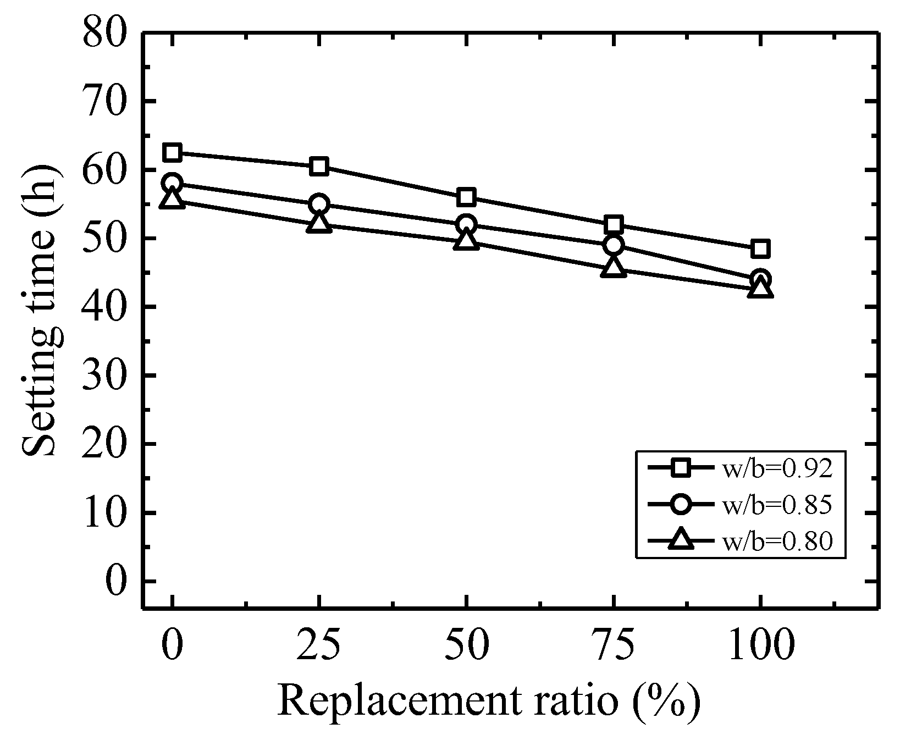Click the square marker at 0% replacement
tap(172, 152)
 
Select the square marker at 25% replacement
tap(319, 166)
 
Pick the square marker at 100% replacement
tap(760, 248)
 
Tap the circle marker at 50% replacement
tap(466, 224)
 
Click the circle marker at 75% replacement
tap(613, 245)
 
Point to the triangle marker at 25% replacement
tap(319, 222)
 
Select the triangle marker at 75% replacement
tap(613, 268)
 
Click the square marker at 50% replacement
tap(466, 197)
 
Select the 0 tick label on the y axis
tap(116, 581)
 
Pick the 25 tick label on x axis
tap(319, 644)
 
